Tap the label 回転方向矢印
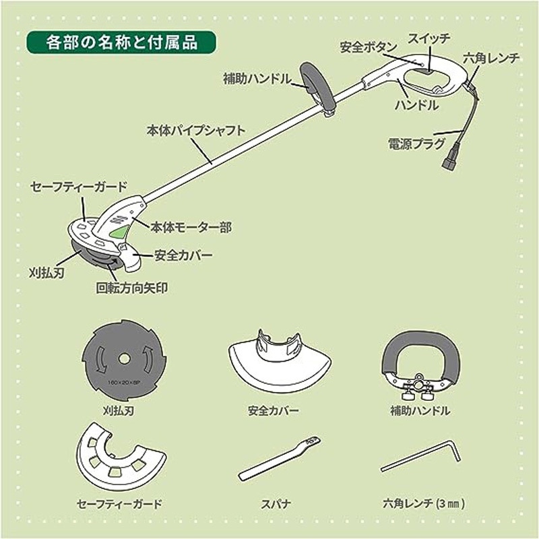[131, 288]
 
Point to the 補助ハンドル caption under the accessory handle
[420, 410]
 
